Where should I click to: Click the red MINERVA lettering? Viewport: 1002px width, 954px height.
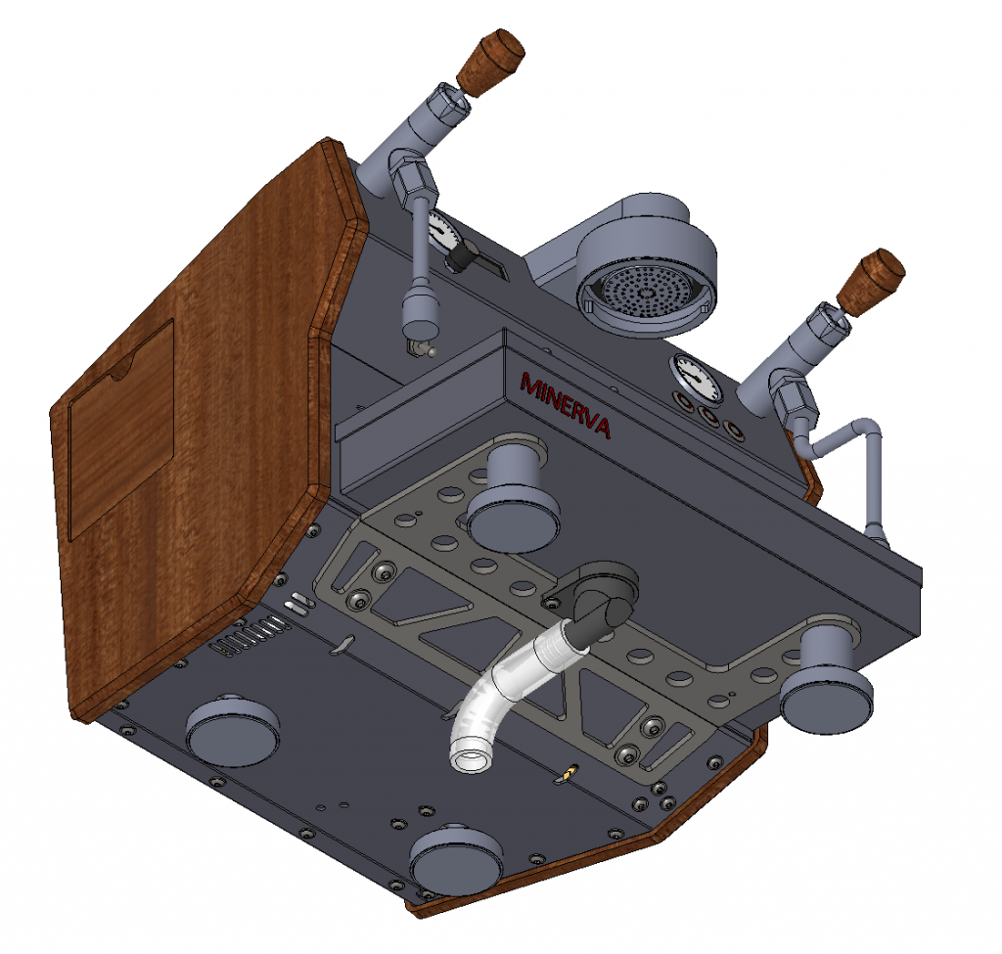[566, 405]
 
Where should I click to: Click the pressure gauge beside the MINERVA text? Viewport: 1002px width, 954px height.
[696, 379]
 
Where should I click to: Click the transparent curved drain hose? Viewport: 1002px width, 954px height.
[506, 689]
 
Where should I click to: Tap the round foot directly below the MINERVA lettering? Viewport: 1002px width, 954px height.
[513, 505]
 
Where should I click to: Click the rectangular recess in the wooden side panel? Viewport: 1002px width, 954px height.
[120, 430]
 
